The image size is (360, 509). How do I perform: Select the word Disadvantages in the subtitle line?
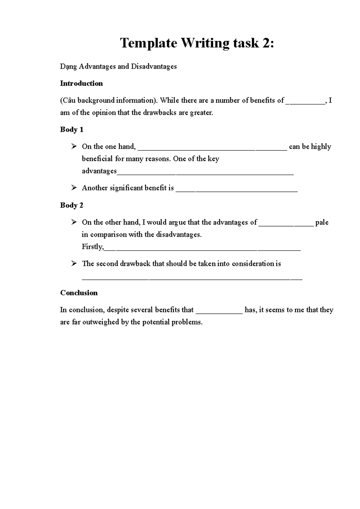pyautogui.click(x=154, y=66)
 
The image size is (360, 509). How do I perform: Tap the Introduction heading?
pyautogui.click(x=81, y=83)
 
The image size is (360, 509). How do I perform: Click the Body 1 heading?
pyautogui.click(x=72, y=129)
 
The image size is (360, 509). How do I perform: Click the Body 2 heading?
pyautogui.click(x=72, y=205)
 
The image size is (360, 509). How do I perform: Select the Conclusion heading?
pyautogui.click(x=79, y=293)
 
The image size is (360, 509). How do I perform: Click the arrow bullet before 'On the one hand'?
pyautogui.click(x=74, y=146)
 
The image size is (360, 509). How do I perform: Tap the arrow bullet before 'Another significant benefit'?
pyautogui.click(x=74, y=188)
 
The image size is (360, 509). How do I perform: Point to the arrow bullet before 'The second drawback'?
pyautogui.click(x=74, y=263)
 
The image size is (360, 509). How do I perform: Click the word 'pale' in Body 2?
pyautogui.click(x=322, y=222)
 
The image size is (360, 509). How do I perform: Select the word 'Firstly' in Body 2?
pyautogui.click(x=92, y=247)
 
